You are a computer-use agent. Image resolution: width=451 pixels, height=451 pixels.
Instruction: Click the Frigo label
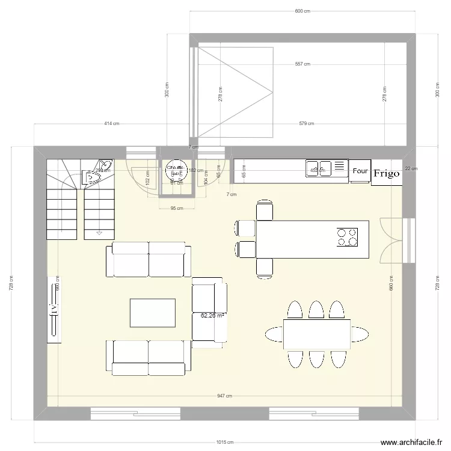coord(386,173)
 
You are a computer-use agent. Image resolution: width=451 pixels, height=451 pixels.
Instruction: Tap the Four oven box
coord(360,171)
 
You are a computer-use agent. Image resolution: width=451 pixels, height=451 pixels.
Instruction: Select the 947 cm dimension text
coord(225,396)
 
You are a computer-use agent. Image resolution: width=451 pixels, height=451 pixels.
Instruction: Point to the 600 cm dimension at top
coord(302,11)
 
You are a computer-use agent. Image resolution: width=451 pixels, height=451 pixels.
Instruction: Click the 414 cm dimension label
coord(112,124)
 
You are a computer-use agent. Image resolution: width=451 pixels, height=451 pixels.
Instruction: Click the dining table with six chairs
coord(317,334)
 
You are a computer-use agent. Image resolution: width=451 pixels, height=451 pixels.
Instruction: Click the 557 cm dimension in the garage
coord(302,64)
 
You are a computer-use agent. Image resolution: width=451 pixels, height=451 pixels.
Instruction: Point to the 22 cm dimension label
coord(411,168)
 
